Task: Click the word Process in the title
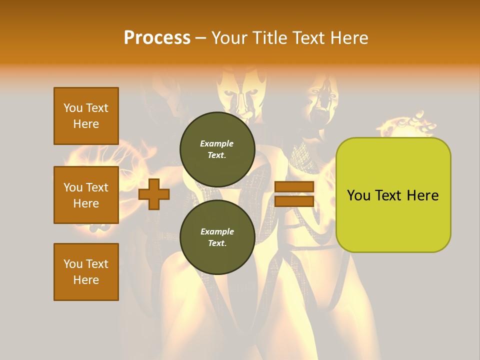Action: pyautogui.click(x=157, y=38)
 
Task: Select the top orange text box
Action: pyautogui.click(x=86, y=116)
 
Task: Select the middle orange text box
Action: pyautogui.click(x=86, y=195)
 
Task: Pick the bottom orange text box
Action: pyautogui.click(x=86, y=272)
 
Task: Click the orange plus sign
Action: pyautogui.click(x=154, y=194)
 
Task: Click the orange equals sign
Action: pyautogui.click(x=294, y=194)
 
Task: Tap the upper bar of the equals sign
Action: pyautogui.click(x=294, y=187)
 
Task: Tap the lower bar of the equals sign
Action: pyautogui.click(x=294, y=201)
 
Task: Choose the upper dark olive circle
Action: pyautogui.click(x=217, y=149)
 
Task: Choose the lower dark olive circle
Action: pyautogui.click(x=217, y=237)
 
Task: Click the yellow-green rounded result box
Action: pyautogui.click(x=393, y=195)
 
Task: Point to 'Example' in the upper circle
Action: pyautogui.click(x=217, y=143)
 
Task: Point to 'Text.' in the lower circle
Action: pyautogui.click(x=217, y=243)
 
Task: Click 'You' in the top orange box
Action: pyautogui.click(x=72, y=108)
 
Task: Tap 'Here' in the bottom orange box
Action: pyautogui.click(x=86, y=280)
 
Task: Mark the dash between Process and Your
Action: pyautogui.click(x=200, y=38)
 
